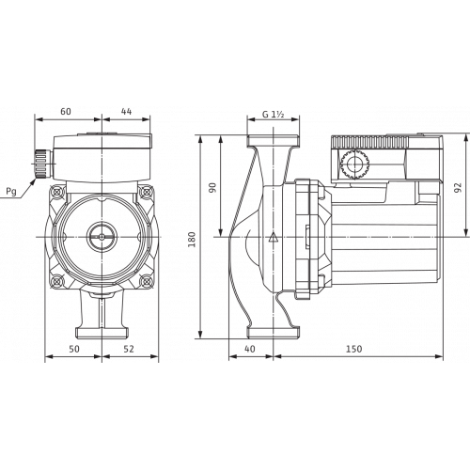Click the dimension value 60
coord(66,111)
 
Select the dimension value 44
coord(126,111)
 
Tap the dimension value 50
coord(74,349)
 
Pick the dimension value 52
coord(129,349)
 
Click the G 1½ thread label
coord(273,115)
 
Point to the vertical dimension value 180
coord(192,239)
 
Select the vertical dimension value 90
coord(212,188)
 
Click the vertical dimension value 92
coord(458,187)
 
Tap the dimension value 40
coord(249,349)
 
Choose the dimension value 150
coord(353,349)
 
